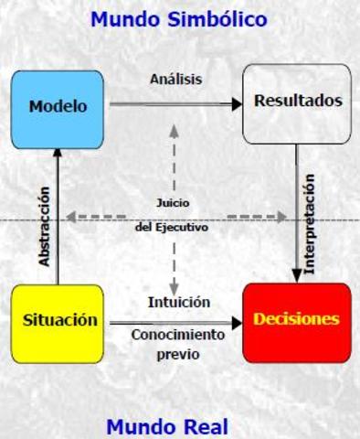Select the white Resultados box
point(296,102)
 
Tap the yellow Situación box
point(58,321)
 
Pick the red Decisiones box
point(296,320)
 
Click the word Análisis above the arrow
point(175,79)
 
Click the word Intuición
point(179,301)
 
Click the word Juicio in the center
point(174,202)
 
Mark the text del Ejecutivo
point(172,228)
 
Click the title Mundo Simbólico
point(179,18)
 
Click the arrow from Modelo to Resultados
point(174,104)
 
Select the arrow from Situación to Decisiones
point(174,323)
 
